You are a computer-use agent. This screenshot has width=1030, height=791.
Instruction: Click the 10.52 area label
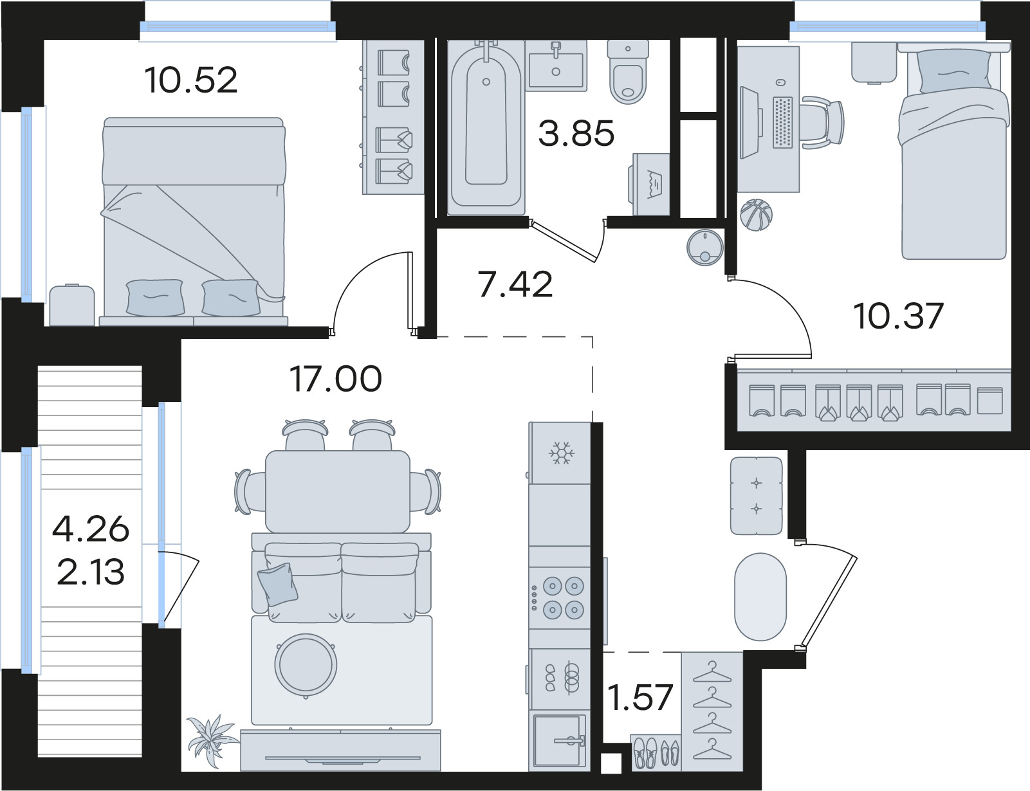[x=191, y=80]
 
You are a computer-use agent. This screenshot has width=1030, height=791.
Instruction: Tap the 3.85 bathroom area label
[x=576, y=133]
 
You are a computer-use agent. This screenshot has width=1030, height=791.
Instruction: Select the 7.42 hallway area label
[x=516, y=284]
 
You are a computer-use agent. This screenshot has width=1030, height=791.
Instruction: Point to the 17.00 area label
[x=336, y=379]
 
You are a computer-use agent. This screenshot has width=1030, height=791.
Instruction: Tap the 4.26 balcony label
[x=91, y=529]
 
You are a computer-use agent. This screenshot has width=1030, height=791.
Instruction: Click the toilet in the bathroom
[x=628, y=72]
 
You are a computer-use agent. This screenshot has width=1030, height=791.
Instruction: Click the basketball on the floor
[x=756, y=215]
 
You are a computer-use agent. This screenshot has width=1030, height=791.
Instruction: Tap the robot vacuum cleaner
[x=705, y=247]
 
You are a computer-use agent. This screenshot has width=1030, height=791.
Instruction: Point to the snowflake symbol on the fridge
[x=562, y=453]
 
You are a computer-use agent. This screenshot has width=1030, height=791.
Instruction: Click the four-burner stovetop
[x=560, y=598]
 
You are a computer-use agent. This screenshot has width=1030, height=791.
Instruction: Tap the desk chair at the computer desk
[x=822, y=122]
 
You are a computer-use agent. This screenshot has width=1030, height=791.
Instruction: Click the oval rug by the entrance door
[x=760, y=597]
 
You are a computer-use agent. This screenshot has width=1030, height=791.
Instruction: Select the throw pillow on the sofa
[x=277, y=585]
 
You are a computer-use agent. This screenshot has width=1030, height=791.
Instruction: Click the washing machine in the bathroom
[x=650, y=184]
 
